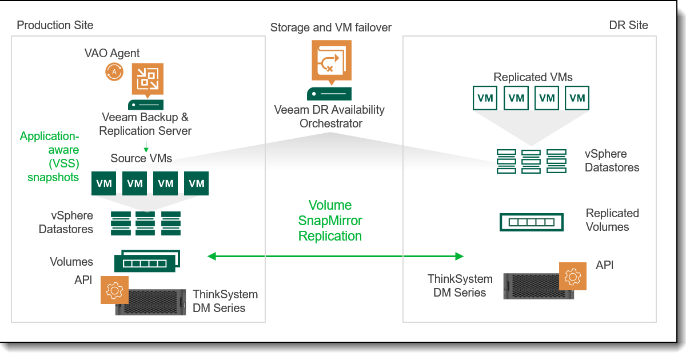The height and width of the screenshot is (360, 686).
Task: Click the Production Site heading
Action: coord(55,25)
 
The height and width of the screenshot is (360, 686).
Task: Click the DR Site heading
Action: coord(628,25)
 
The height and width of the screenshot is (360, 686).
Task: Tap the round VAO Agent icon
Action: coord(114,72)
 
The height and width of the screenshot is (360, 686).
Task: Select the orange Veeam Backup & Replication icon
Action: coord(147,80)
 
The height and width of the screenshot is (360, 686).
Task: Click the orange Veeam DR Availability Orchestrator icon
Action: coord(332,62)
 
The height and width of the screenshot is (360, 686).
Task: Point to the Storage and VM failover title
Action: coord(331,27)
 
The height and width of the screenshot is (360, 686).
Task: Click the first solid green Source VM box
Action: coord(104,183)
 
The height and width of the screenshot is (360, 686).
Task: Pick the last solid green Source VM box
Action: coord(196,183)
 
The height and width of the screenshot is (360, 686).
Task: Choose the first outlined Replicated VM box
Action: coord(485,98)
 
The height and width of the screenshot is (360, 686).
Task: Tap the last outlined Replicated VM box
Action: coord(577,98)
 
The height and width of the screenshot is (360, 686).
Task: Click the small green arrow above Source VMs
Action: coord(146,147)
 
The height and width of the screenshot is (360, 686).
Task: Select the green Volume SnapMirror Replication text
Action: coord(330,221)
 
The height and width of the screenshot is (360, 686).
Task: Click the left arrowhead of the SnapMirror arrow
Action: coord(212,256)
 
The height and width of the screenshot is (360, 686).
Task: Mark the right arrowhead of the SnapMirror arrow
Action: coord(460,256)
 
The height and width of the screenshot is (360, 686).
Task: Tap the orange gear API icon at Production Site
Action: coord(114,290)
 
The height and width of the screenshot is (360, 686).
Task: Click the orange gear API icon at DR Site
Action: coord(573,276)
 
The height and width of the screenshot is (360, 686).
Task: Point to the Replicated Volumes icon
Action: coord(531,222)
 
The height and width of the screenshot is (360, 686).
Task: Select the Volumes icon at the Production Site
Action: coord(147,261)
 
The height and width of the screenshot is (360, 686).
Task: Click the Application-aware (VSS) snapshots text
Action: coord(50,157)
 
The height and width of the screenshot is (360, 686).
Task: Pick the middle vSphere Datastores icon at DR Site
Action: coord(531,161)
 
